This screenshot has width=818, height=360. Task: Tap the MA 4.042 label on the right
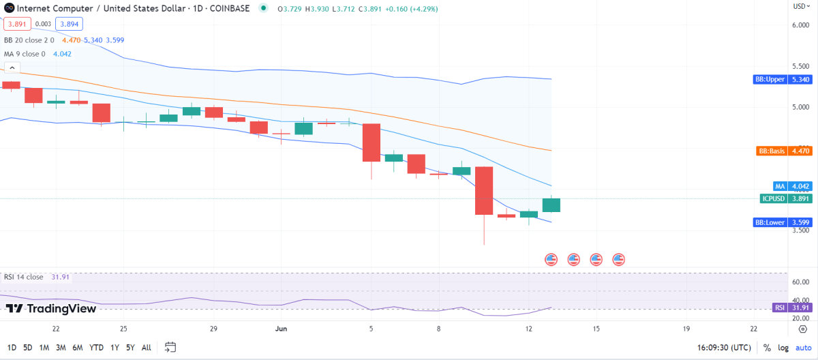pyautogui.click(x=790, y=185)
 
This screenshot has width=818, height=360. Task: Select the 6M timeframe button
pyautogui.click(x=78, y=348)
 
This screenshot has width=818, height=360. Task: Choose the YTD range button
pyautogui.click(x=96, y=348)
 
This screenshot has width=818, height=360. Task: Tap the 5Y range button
pyautogui.click(x=130, y=348)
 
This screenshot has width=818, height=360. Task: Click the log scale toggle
pyautogui.click(x=783, y=348)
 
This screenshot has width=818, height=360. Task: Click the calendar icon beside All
pyautogui.click(x=170, y=347)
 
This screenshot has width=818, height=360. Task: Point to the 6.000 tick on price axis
pyautogui.click(x=800, y=25)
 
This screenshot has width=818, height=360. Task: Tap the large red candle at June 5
pyautogui.click(x=371, y=142)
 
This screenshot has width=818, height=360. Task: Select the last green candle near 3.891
pyautogui.click(x=551, y=205)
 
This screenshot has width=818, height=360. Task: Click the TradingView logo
pyautogui.click(x=51, y=308)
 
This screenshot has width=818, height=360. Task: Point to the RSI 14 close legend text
pyautogui.click(x=24, y=277)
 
